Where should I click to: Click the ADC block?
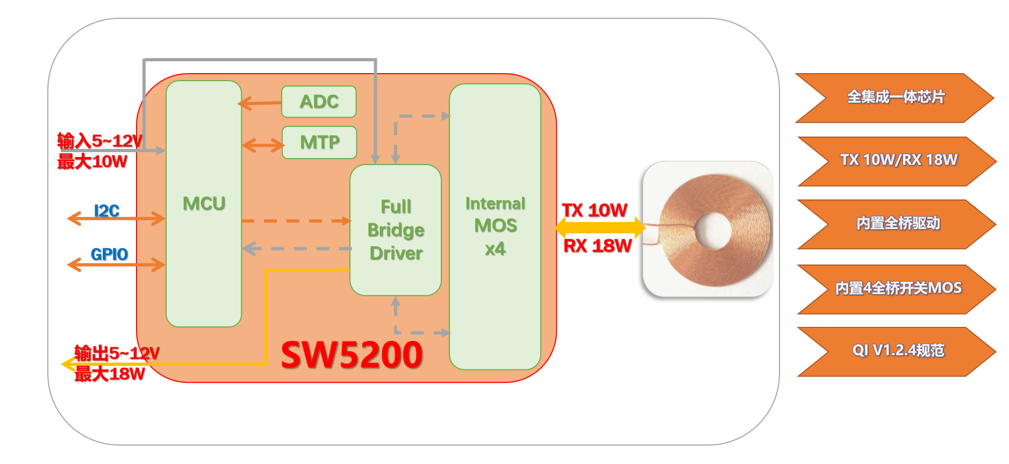tap(319, 102)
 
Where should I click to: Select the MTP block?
tap(319, 142)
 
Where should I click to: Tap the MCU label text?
tap(204, 204)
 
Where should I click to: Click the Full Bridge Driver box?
tap(396, 230)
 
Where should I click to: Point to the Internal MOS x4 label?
tap(495, 226)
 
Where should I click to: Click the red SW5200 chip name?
tap(352, 355)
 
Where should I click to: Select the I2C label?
tap(106, 211)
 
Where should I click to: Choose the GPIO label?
tap(109, 254)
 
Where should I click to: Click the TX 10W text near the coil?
tap(595, 210)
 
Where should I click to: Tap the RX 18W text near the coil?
tap(597, 246)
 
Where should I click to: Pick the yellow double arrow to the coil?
tap(600, 227)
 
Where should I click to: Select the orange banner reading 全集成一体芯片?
tap(895, 97)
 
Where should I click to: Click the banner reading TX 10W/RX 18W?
tap(898, 160)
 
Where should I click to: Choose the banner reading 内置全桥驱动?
tap(898, 223)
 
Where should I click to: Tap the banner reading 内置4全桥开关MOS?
tap(898, 288)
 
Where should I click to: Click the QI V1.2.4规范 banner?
tap(898, 351)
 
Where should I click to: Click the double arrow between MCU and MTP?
tap(263, 145)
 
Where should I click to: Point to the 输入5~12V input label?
tap(99, 141)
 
